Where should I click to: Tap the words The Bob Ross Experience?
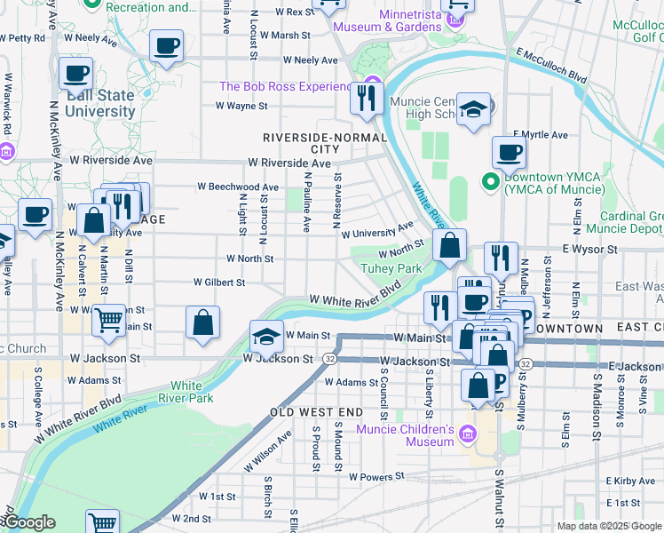tap(287, 86)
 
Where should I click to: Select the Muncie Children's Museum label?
tap(405, 436)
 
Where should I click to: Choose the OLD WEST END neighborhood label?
tap(316, 413)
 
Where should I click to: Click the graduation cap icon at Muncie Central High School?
tap(475, 109)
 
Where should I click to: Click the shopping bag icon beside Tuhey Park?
tap(451, 245)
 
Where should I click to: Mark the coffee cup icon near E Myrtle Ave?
tap(509, 152)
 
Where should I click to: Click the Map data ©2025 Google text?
tap(609, 526)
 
